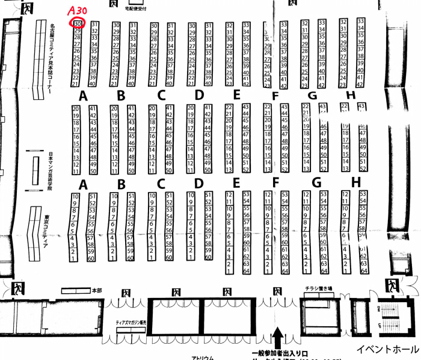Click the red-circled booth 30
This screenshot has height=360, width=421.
coord(78,23)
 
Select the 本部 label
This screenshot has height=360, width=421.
coord(97,290)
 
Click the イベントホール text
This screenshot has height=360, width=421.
coord(388,349)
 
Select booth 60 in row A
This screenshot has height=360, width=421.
coord(92,258)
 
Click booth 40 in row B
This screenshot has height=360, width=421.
coord(131,84)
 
